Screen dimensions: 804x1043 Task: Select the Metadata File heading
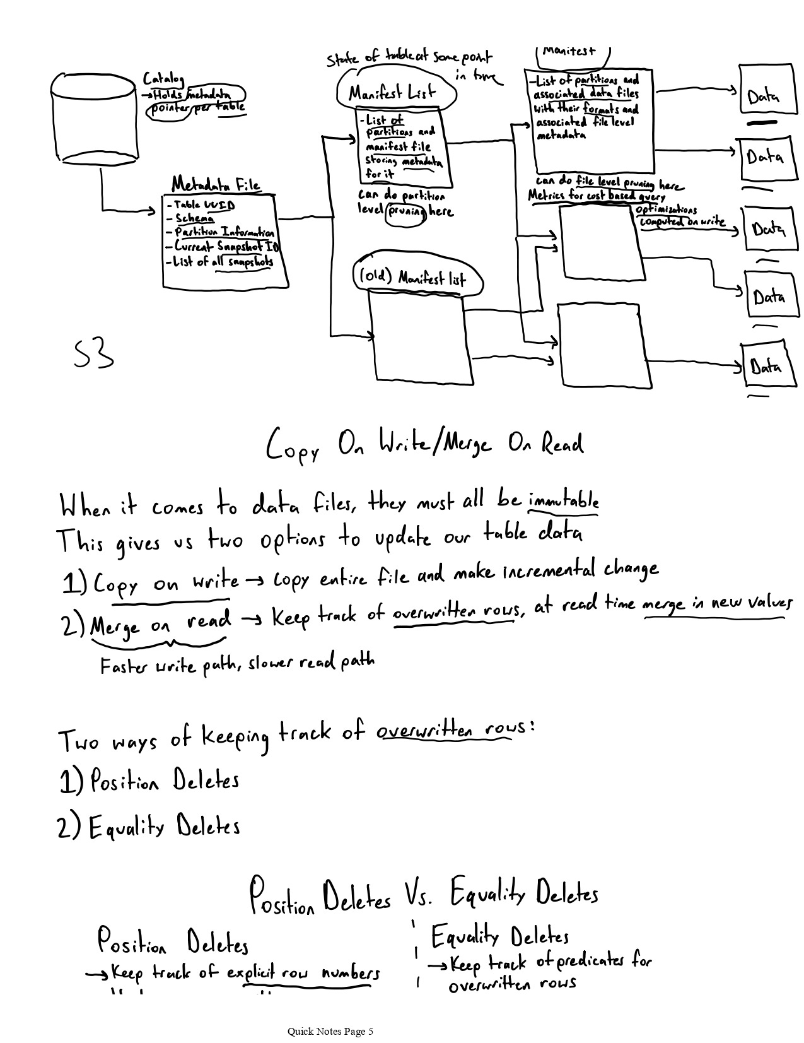(216, 185)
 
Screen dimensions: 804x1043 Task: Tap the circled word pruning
(405, 211)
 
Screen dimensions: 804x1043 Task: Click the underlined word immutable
(563, 502)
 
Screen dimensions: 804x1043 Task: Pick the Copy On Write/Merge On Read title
(424, 445)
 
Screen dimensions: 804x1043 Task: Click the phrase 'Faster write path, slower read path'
(237, 664)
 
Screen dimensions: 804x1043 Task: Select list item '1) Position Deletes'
(150, 781)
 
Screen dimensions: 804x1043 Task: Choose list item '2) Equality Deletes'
(149, 827)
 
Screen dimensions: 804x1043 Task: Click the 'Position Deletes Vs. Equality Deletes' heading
(423, 895)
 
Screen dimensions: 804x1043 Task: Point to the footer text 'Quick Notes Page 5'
(330, 1031)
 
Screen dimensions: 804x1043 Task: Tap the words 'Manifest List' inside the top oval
(392, 94)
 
